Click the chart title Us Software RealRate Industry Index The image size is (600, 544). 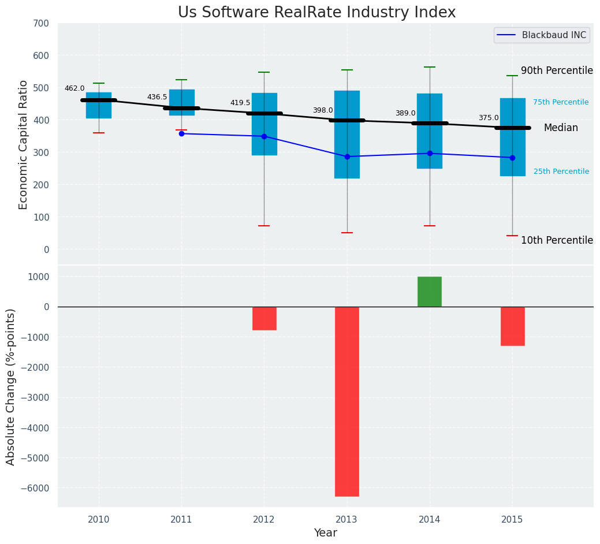click(316, 13)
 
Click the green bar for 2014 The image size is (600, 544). click(430, 292)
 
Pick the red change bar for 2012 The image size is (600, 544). click(264, 318)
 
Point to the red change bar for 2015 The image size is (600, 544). click(512, 326)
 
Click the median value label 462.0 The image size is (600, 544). click(74, 88)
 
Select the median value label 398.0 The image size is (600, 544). click(323, 110)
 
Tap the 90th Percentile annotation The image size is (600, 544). click(557, 70)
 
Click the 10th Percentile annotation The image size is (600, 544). click(557, 240)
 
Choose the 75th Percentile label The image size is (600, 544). click(561, 102)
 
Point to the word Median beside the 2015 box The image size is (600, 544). click(561, 128)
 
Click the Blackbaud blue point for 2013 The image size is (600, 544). click(347, 157)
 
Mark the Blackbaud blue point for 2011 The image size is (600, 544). click(181, 133)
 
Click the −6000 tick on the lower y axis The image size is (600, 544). click(36, 488)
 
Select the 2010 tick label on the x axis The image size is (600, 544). click(99, 520)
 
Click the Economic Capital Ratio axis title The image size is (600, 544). click(24, 144)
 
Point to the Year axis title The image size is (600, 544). click(325, 533)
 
